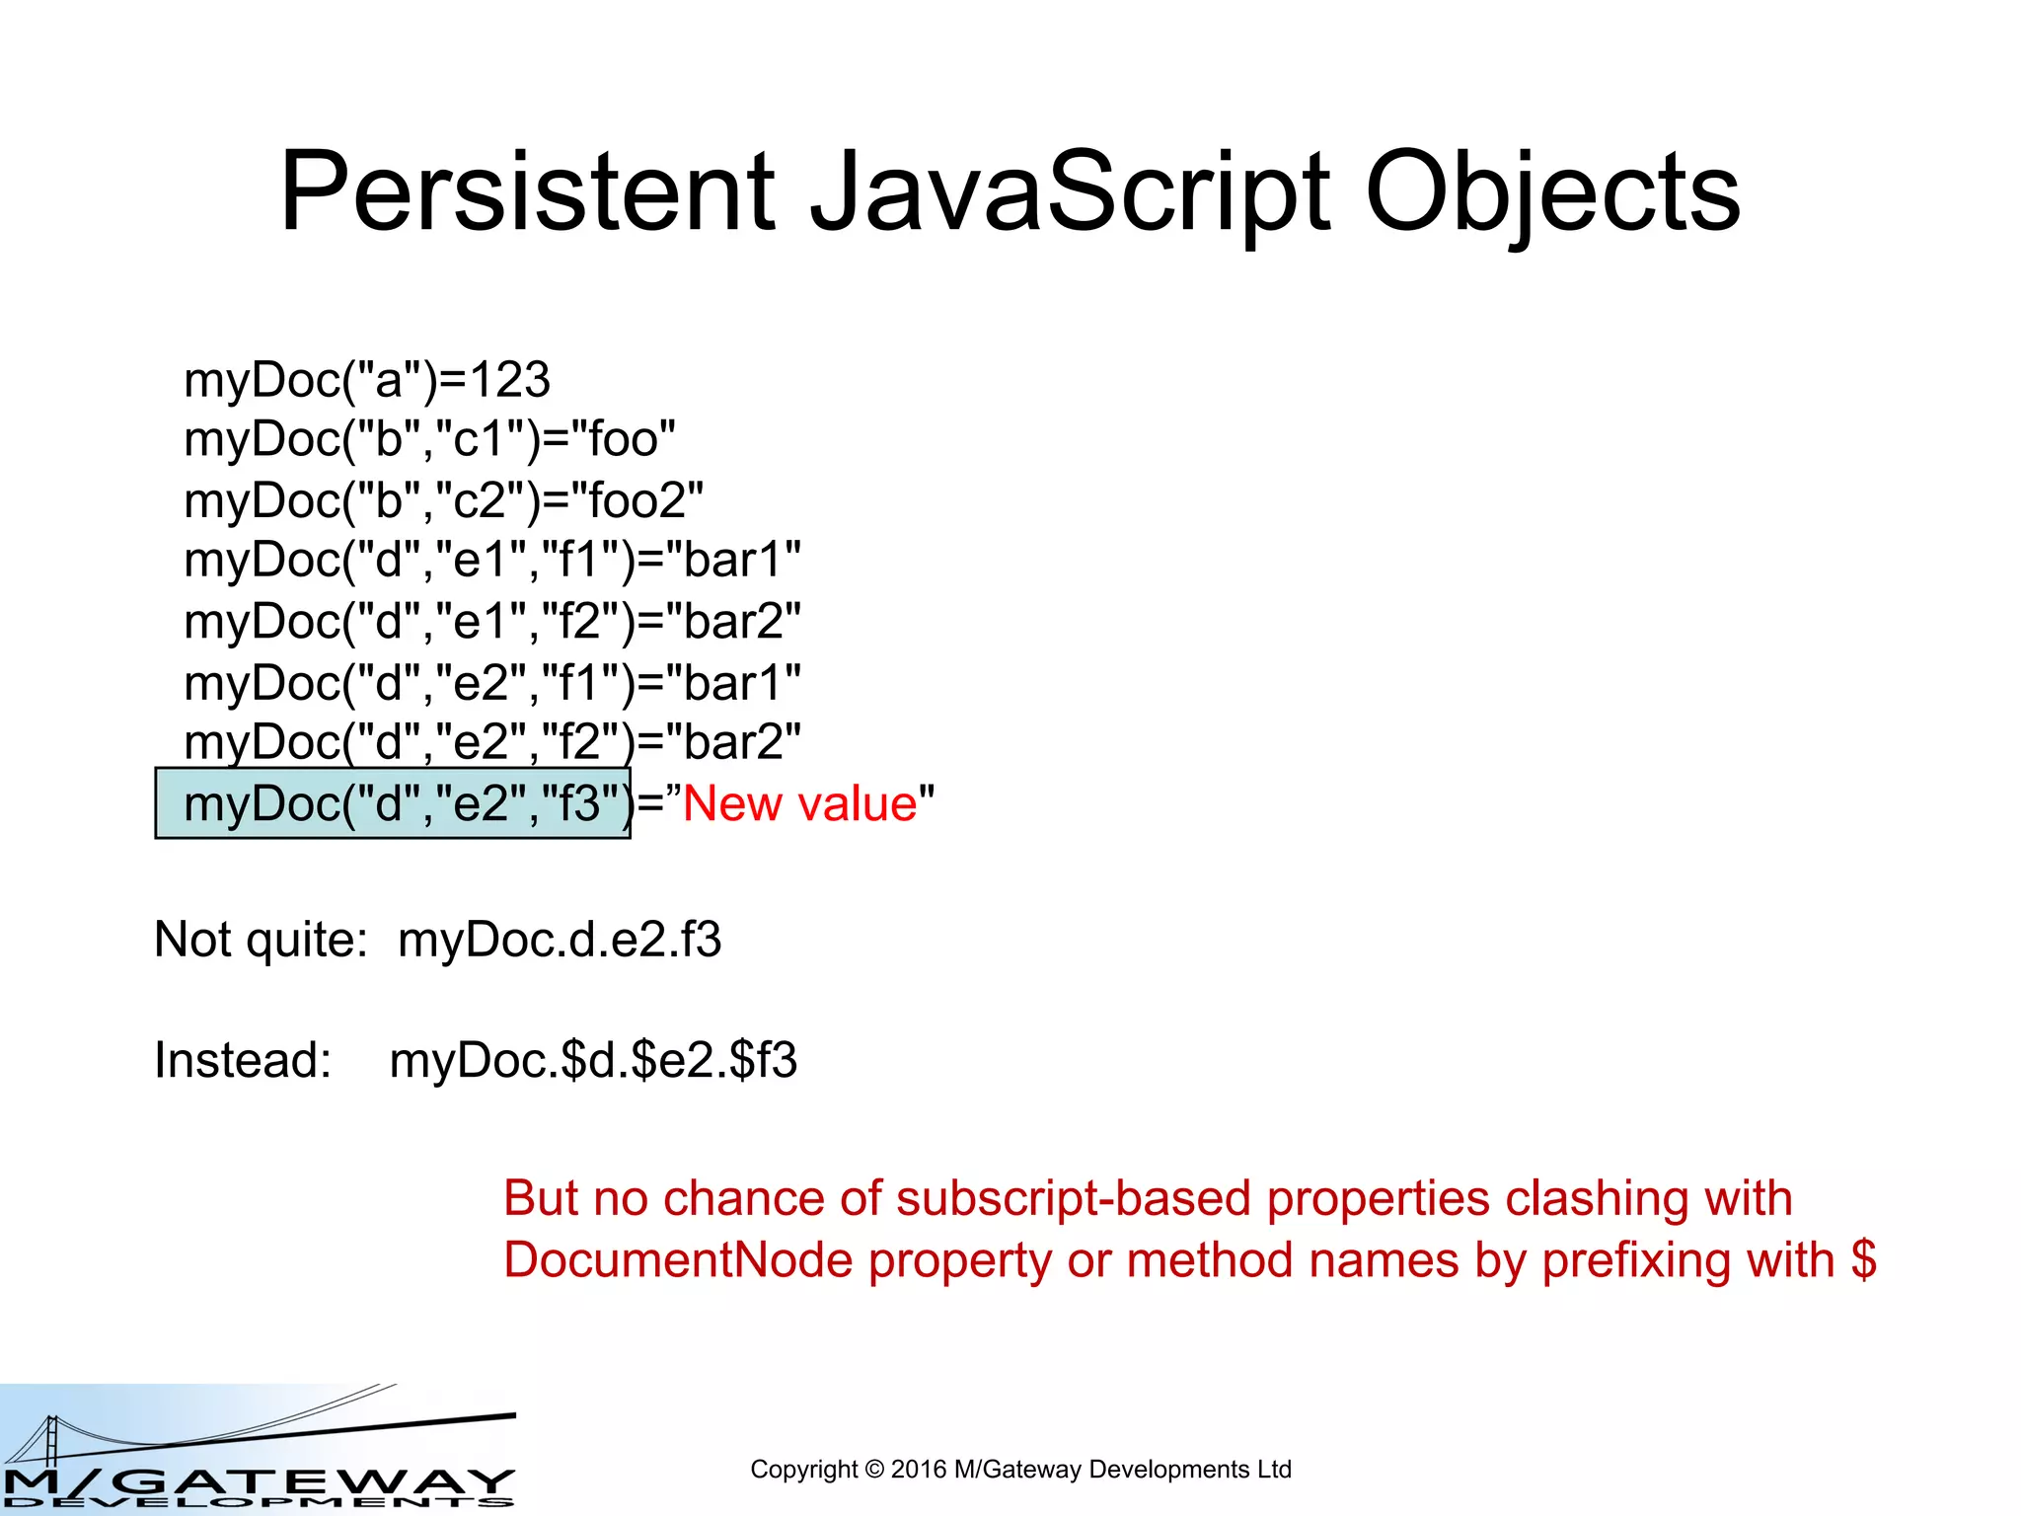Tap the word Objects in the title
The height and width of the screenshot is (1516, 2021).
[1553, 192]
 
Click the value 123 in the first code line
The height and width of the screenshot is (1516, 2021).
[509, 380]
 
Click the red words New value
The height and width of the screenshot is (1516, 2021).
[800, 803]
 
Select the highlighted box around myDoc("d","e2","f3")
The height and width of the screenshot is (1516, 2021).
[393, 803]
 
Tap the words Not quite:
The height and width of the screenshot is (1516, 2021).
[261, 940]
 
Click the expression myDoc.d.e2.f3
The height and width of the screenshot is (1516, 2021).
[560, 940]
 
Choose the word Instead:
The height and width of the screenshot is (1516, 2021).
[243, 1061]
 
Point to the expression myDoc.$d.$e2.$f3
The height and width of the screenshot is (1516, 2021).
[593, 1061]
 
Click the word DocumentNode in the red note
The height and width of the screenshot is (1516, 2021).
[678, 1260]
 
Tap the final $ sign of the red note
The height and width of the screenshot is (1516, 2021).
[1863, 1260]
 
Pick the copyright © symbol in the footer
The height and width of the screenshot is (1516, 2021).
[874, 1470]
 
